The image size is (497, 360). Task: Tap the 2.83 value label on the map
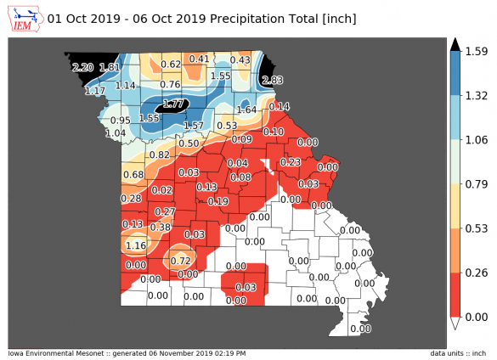click(273, 80)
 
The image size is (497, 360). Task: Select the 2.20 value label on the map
click(82, 67)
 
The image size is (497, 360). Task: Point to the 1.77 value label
click(173, 104)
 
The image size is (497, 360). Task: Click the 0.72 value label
click(181, 260)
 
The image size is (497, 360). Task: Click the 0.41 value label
click(199, 59)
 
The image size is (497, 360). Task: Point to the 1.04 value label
click(116, 133)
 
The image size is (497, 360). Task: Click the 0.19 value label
click(218, 201)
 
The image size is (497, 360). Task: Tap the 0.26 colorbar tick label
click(474, 273)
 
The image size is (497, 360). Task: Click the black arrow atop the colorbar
click(455, 44)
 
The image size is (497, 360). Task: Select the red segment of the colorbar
click(455, 295)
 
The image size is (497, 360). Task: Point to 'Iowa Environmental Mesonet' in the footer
click(51, 353)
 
